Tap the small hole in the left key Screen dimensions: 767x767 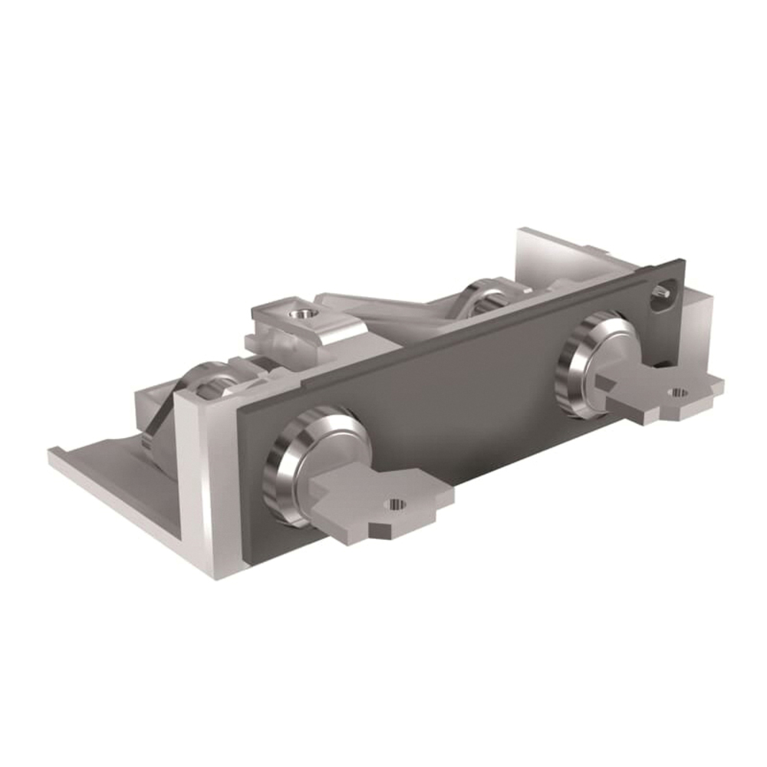396,504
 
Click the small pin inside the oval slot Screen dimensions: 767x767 665,291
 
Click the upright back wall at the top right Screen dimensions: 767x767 552,253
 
